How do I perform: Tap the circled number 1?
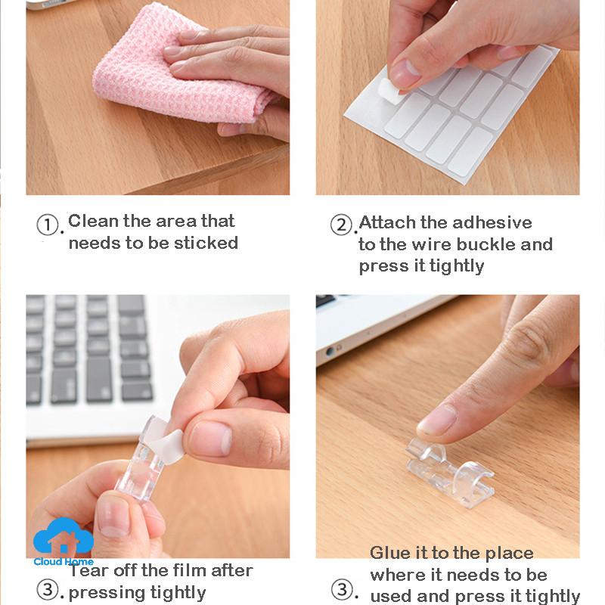(48, 225)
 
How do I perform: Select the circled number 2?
(342, 225)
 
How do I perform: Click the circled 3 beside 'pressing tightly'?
(48, 590)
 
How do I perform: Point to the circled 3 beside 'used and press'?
(343, 590)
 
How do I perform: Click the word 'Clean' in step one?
(93, 221)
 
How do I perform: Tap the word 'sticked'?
(206, 243)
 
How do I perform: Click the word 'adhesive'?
(492, 222)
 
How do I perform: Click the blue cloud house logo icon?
(64, 536)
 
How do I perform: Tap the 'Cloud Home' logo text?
(64, 562)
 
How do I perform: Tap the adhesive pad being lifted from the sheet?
(391, 91)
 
